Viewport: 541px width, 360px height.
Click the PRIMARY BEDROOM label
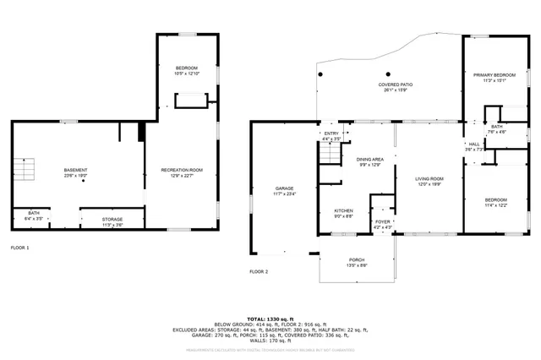click(x=495, y=74)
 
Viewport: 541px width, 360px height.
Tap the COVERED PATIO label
click(x=395, y=85)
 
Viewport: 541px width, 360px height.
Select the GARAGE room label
click(x=283, y=188)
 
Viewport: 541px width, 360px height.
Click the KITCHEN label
click(x=343, y=210)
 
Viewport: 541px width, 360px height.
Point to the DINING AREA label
click(x=369, y=159)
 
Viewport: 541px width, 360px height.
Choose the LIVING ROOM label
click(x=429, y=178)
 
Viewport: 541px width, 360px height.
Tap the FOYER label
click(x=383, y=222)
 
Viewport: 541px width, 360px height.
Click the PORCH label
click(x=358, y=260)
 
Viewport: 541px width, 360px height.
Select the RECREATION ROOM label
click(x=182, y=171)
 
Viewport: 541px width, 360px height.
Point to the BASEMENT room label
click(x=75, y=171)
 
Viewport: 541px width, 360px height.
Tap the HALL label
click(x=474, y=144)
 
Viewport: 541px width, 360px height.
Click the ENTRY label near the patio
click(x=331, y=134)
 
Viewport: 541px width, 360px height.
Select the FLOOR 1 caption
click(x=19, y=248)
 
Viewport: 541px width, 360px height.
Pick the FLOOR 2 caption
click(x=259, y=271)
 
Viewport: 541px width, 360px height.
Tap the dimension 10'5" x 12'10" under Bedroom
click(x=187, y=74)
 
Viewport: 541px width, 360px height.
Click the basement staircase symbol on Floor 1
click(x=30, y=172)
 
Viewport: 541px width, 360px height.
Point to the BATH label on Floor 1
click(x=34, y=213)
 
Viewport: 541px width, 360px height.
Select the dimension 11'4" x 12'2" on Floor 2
click(x=495, y=205)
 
